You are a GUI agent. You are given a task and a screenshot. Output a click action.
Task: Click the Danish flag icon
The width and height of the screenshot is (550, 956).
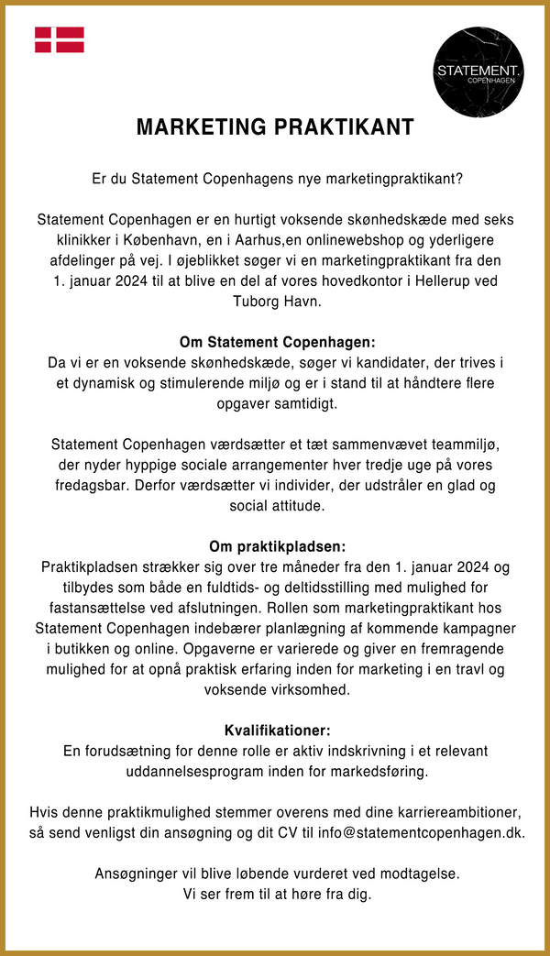(60, 39)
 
